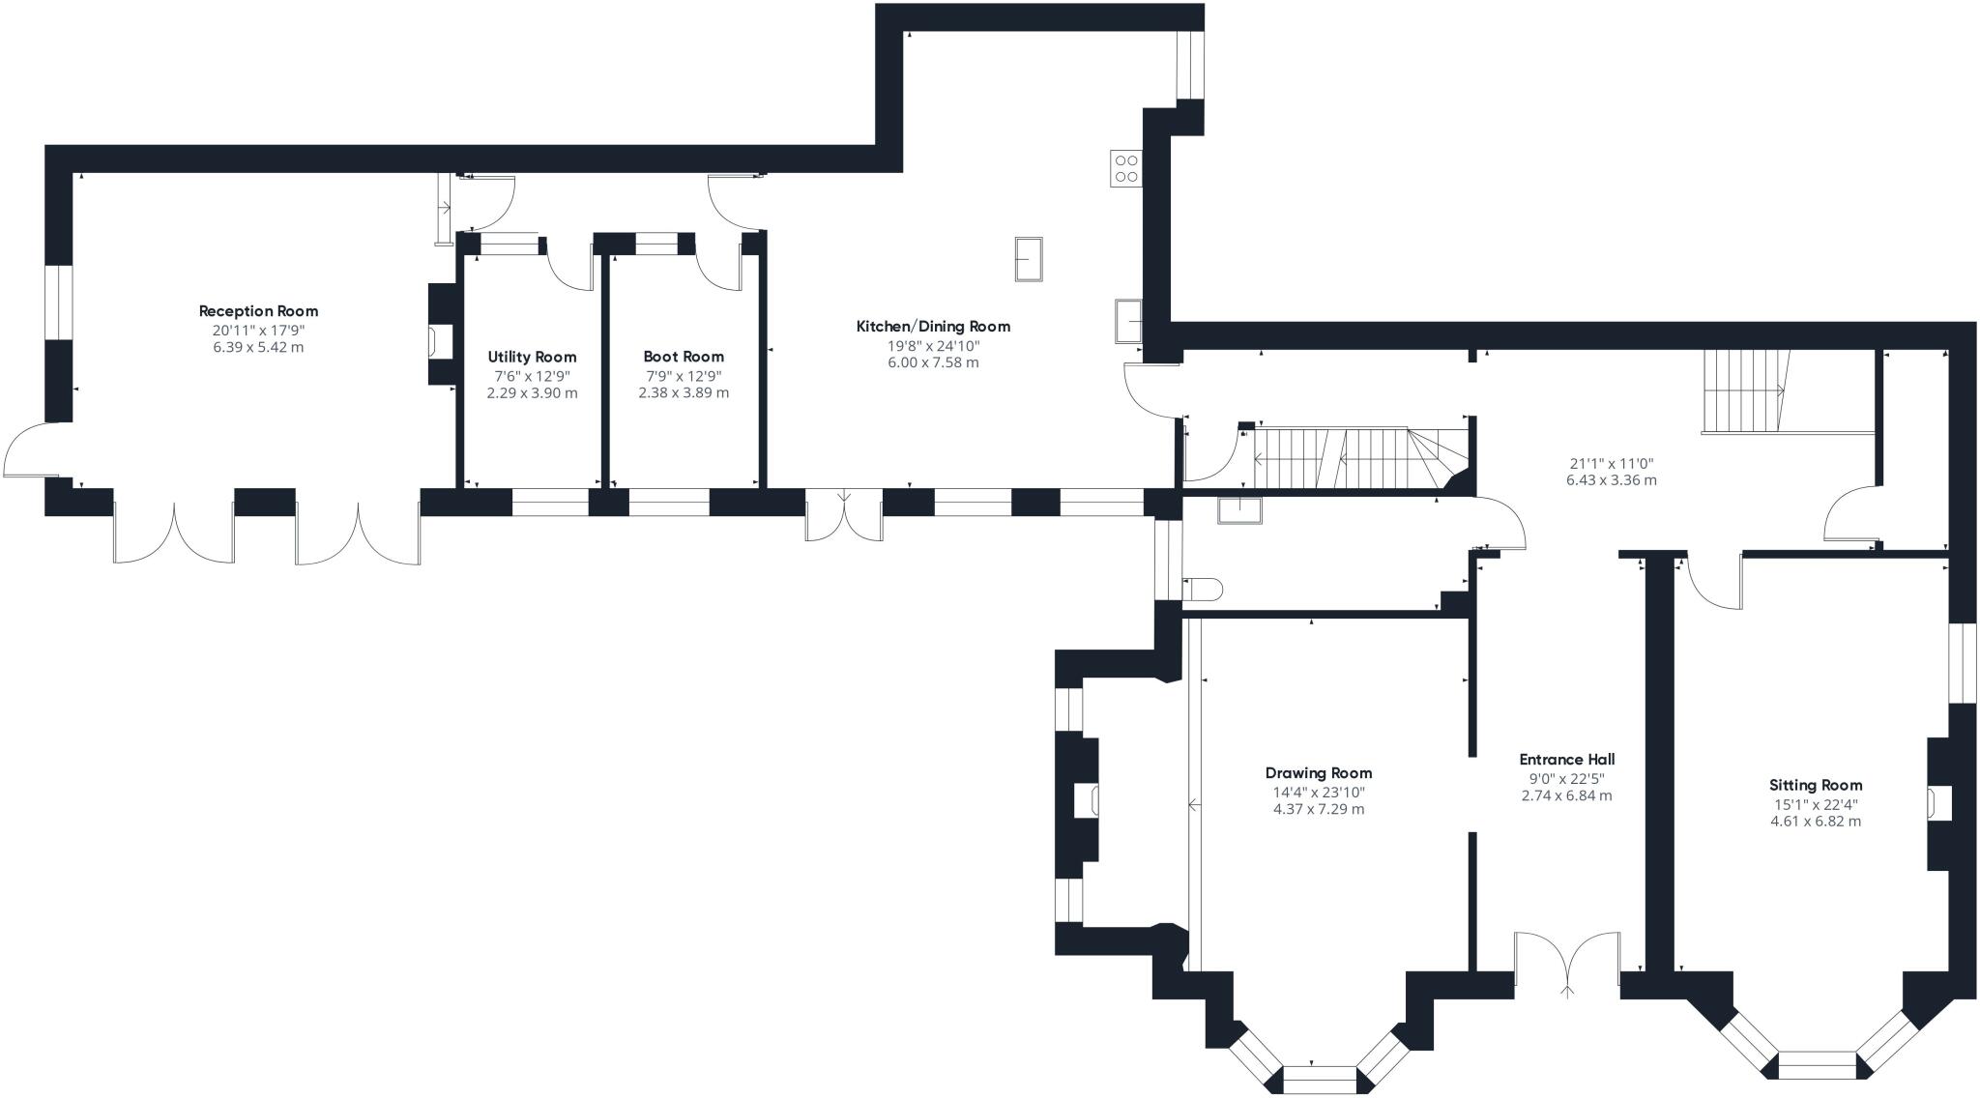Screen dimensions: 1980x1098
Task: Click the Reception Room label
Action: pyautogui.click(x=258, y=311)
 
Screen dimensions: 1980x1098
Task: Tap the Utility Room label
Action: pyautogui.click(x=532, y=357)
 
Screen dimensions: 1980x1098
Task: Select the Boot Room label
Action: pyautogui.click(x=684, y=357)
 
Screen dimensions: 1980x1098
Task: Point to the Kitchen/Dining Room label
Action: pyautogui.click(x=933, y=327)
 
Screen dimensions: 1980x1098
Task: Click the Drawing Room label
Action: pyautogui.click(x=1319, y=773)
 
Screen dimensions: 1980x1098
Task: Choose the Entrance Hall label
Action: pyautogui.click(x=1567, y=760)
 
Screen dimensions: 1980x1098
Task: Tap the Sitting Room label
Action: pyautogui.click(x=1816, y=785)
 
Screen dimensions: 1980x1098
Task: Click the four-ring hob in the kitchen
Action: pyautogui.click(x=1125, y=168)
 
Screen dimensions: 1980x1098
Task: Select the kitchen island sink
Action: pyautogui.click(x=1029, y=258)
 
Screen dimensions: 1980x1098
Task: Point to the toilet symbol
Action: pyautogui.click(x=1204, y=589)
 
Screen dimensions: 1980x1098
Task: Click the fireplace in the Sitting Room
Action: pyautogui.click(x=1938, y=803)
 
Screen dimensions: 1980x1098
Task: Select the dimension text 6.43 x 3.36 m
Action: pyautogui.click(x=1612, y=480)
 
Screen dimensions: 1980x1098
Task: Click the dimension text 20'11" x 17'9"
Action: pyautogui.click(x=258, y=331)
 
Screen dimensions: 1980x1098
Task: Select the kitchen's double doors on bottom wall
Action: pyautogui.click(x=844, y=517)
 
